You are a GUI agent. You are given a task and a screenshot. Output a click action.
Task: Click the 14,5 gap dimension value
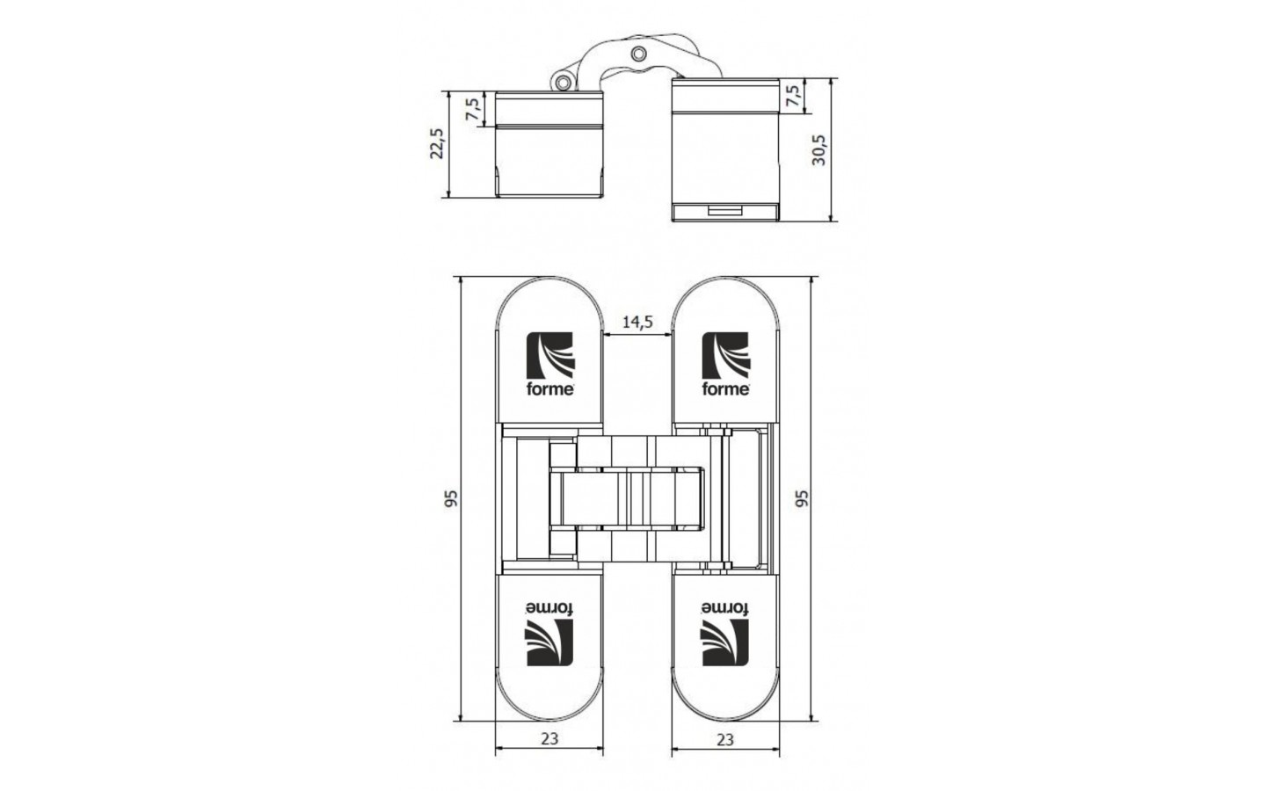637,322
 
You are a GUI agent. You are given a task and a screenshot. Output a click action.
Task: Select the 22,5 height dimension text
437,143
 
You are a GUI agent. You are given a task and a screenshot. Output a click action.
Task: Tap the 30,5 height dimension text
819,150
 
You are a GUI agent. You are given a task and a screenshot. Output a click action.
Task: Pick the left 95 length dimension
450,498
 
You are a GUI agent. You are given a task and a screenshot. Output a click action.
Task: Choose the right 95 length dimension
802,498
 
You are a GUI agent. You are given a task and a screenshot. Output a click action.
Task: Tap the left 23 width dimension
549,738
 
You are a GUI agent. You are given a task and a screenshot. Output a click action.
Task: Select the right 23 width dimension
725,738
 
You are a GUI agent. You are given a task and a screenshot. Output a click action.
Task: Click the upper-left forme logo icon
550,355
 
